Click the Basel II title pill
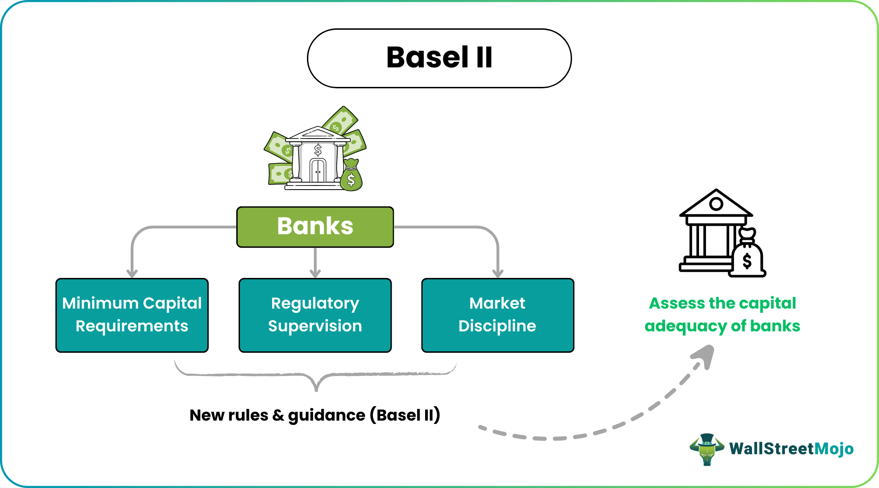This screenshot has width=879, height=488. pos(439,58)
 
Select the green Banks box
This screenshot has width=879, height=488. pos(315,227)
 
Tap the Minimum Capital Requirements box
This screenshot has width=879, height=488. pos(132,315)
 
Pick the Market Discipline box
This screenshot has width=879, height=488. pos(498,315)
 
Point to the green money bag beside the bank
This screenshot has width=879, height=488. pos(351,175)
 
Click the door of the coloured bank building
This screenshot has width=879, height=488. pos(318,171)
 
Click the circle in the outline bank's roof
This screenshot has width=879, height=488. pos(716,204)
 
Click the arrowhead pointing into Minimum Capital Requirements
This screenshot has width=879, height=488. pos(132,273)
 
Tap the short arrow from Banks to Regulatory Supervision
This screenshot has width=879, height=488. pos(315,263)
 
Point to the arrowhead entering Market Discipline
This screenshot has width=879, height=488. pos(498,273)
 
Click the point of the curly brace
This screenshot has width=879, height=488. pos(316,389)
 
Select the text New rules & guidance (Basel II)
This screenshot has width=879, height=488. pos(315,415)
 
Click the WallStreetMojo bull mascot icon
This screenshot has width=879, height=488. pos(706,449)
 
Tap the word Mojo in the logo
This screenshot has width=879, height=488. pos(834,449)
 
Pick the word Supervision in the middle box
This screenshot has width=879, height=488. pos(315,326)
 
